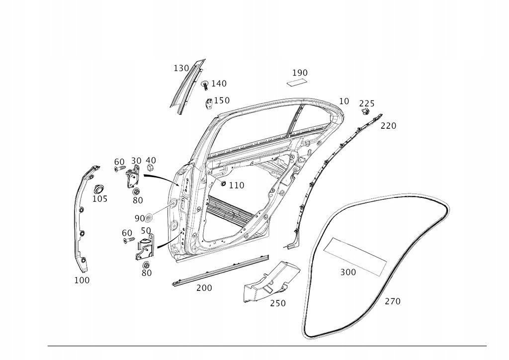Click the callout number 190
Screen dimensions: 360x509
point(300,73)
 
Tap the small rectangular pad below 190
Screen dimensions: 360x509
point(297,82)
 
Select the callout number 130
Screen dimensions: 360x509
point(181,68)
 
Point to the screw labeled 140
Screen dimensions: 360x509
point(205,86)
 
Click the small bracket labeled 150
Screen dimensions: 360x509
point(209,103)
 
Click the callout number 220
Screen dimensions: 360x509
point(388,126)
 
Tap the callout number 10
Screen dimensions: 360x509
point(344,101)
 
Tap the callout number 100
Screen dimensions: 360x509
point(82,280)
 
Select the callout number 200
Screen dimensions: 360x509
point(204,287)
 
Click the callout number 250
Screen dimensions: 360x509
point(278,303)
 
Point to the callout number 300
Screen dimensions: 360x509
point(348,272)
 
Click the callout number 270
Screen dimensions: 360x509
point(392,301)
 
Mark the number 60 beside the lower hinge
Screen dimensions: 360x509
point(127,233)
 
